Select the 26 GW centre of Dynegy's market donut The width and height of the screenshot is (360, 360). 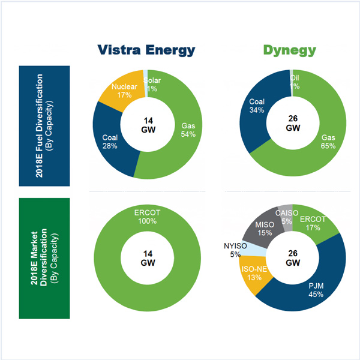[292, 258]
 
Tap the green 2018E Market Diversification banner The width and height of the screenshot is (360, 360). [44, 258]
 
